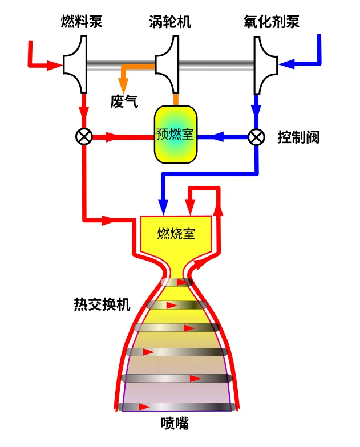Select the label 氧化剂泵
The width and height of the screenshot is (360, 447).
click(x=270, y=22)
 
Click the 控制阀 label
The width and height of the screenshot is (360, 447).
click(x=298, y=137)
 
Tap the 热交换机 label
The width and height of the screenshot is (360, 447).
click(x=102, y=304)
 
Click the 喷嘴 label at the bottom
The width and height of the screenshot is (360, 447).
click(x=175, y=424)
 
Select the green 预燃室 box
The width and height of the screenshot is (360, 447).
click(x=175, y=135)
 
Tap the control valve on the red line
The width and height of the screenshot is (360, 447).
click(x=84, y=137)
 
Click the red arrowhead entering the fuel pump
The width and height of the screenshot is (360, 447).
click(x=55, y=65)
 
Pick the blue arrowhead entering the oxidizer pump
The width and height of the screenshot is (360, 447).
click(x=289, y=64)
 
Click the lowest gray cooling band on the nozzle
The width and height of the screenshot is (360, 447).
click(x=177, y=407)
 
